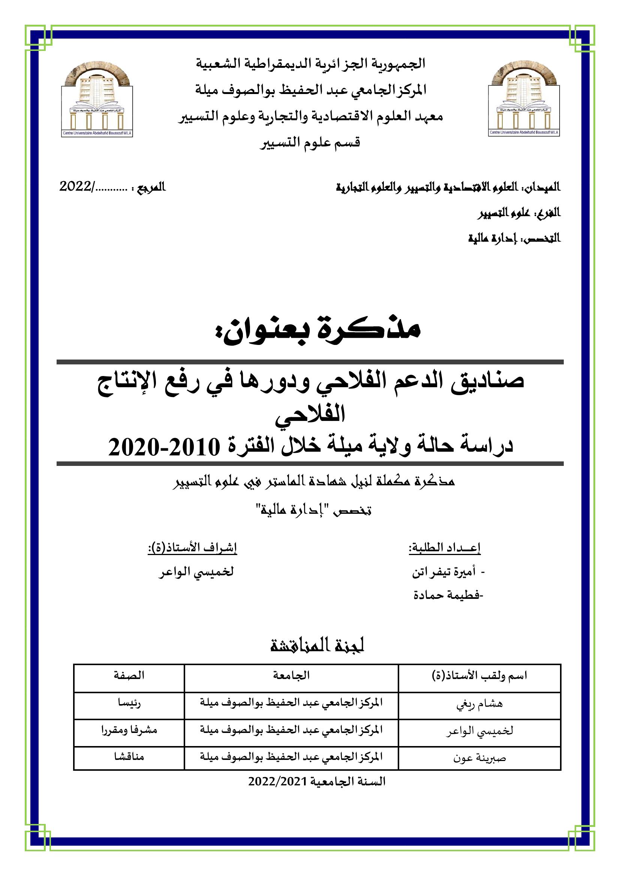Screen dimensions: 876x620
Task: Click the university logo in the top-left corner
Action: tap(97, 99)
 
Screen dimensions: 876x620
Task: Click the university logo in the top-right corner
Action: tap(524, 99)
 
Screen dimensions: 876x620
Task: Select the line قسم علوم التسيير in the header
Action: tap(310, 143)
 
